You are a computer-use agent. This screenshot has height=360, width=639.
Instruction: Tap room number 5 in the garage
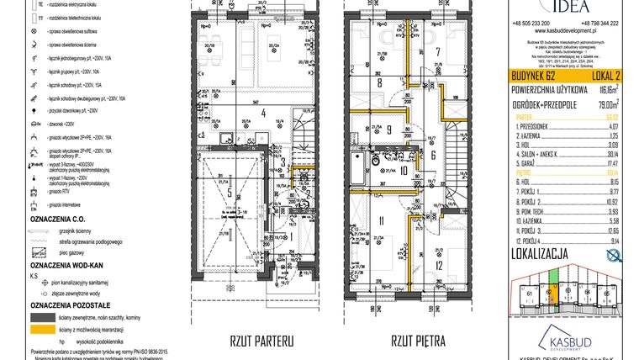coord(229,191)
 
